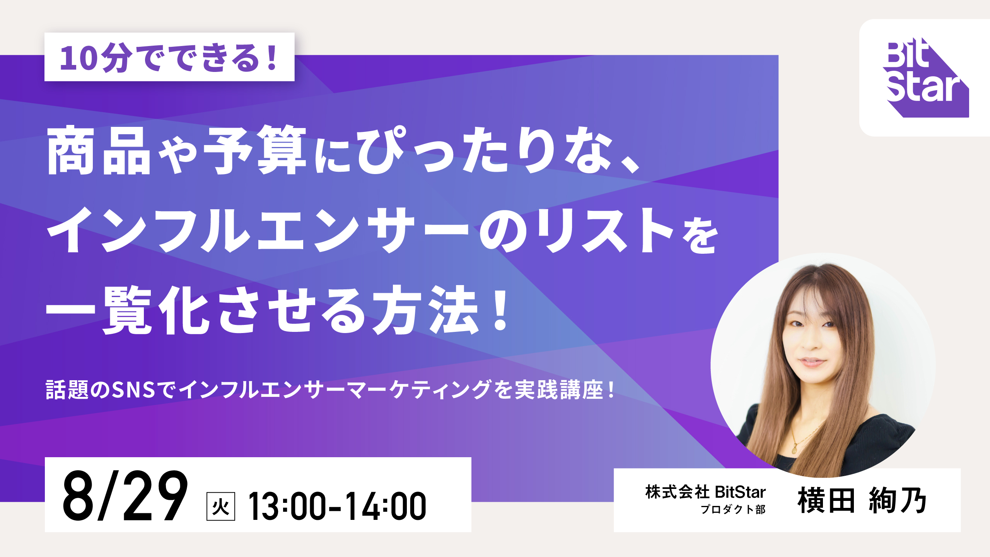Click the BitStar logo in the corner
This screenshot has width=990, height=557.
point(926,77)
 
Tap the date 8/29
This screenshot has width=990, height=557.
point(125,496)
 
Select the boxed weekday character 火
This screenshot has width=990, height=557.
point(221,506)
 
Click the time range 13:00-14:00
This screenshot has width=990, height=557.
point(337,506)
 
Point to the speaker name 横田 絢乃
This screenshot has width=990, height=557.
point(862,500)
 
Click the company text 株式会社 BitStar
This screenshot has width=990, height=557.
point(705,492)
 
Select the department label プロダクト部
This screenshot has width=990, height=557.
point(733,509)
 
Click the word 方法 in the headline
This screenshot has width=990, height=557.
point(425,309)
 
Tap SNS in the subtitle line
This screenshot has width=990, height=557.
point(133,390)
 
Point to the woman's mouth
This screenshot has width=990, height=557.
point(812,362)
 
